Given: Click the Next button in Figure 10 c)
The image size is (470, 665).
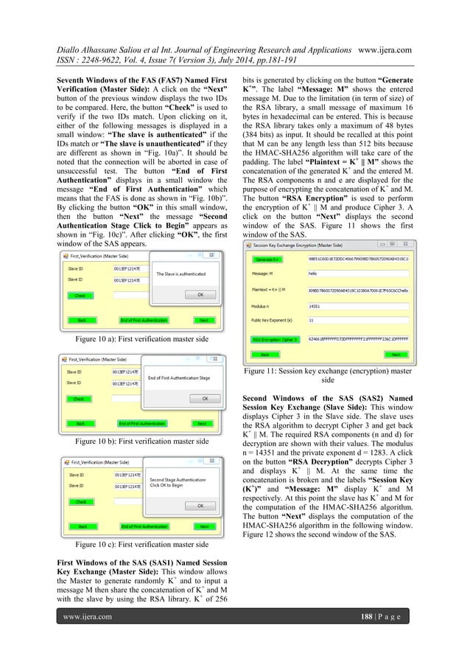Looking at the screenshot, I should pyautogui.click(x=203, y=526).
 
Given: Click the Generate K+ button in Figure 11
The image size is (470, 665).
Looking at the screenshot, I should pyautogui.click(x=267, y=260).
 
